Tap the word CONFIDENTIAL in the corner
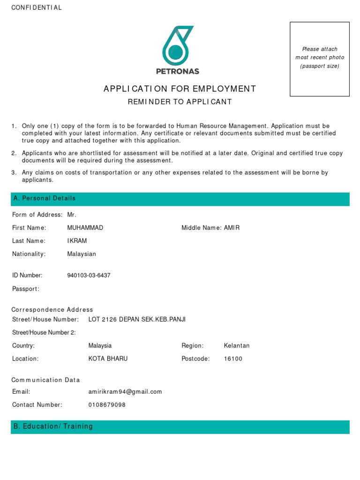coord(37,8)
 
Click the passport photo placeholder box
coord(320,59)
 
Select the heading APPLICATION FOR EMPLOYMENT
coord(180,89)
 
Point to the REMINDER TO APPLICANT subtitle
coord(180,102)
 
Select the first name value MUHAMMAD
coord(85,228)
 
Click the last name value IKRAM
coord(77,241)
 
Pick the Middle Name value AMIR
coord(232,228)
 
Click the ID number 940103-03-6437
coord(89,276)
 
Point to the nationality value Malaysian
coord(82,254)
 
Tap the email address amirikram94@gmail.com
coord(125,392)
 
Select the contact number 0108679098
coord(107,405)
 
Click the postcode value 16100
coord(233,359)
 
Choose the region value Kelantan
coord(237,346)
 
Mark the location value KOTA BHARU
coord(108,359)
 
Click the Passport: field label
coord(26,289)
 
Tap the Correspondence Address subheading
coord(52,310)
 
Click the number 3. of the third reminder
coord(14,173)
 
